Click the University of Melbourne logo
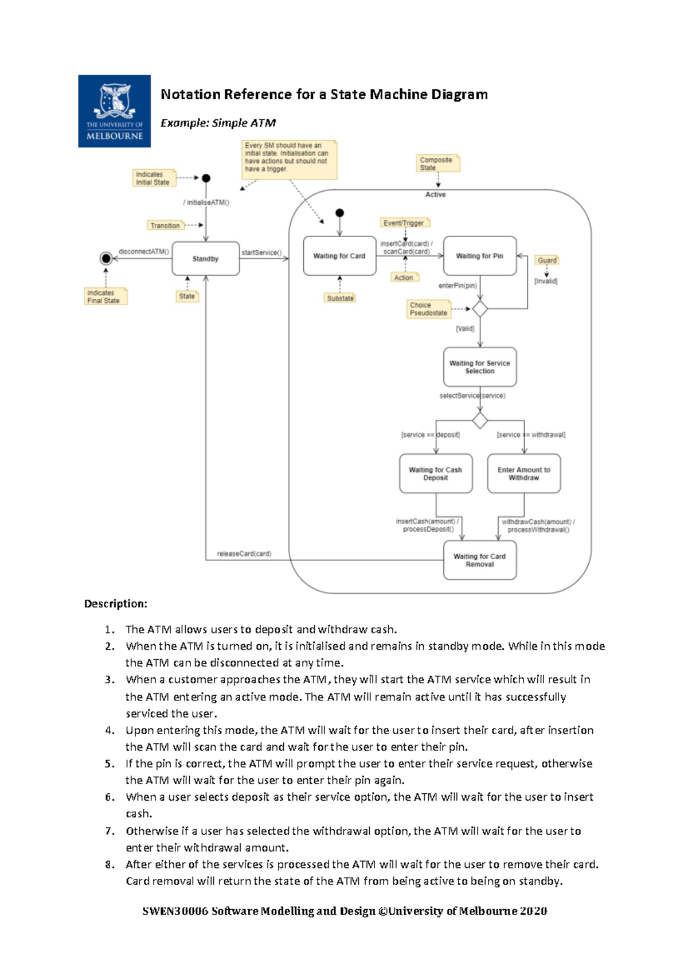click(114, 111)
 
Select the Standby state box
click(205, 259)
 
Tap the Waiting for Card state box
click(339, 256)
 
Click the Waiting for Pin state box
click(480, 256)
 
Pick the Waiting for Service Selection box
click(480, 367)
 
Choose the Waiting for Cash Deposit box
click(436, 474)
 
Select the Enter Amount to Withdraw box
click(524, 474)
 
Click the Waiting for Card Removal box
click(480, 560)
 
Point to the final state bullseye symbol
click(106, 259)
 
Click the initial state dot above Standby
click(206, 178)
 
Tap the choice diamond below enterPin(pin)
click(480, 309)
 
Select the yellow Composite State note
click(437, 163)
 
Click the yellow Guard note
click(547, 260)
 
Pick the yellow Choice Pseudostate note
click(428, 309)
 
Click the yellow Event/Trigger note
click(404, 223)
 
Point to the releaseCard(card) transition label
click(244, 554)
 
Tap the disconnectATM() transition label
click(144, 252)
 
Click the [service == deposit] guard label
click(431, 435)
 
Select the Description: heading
click(116, 603)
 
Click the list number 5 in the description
click(110, 764)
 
